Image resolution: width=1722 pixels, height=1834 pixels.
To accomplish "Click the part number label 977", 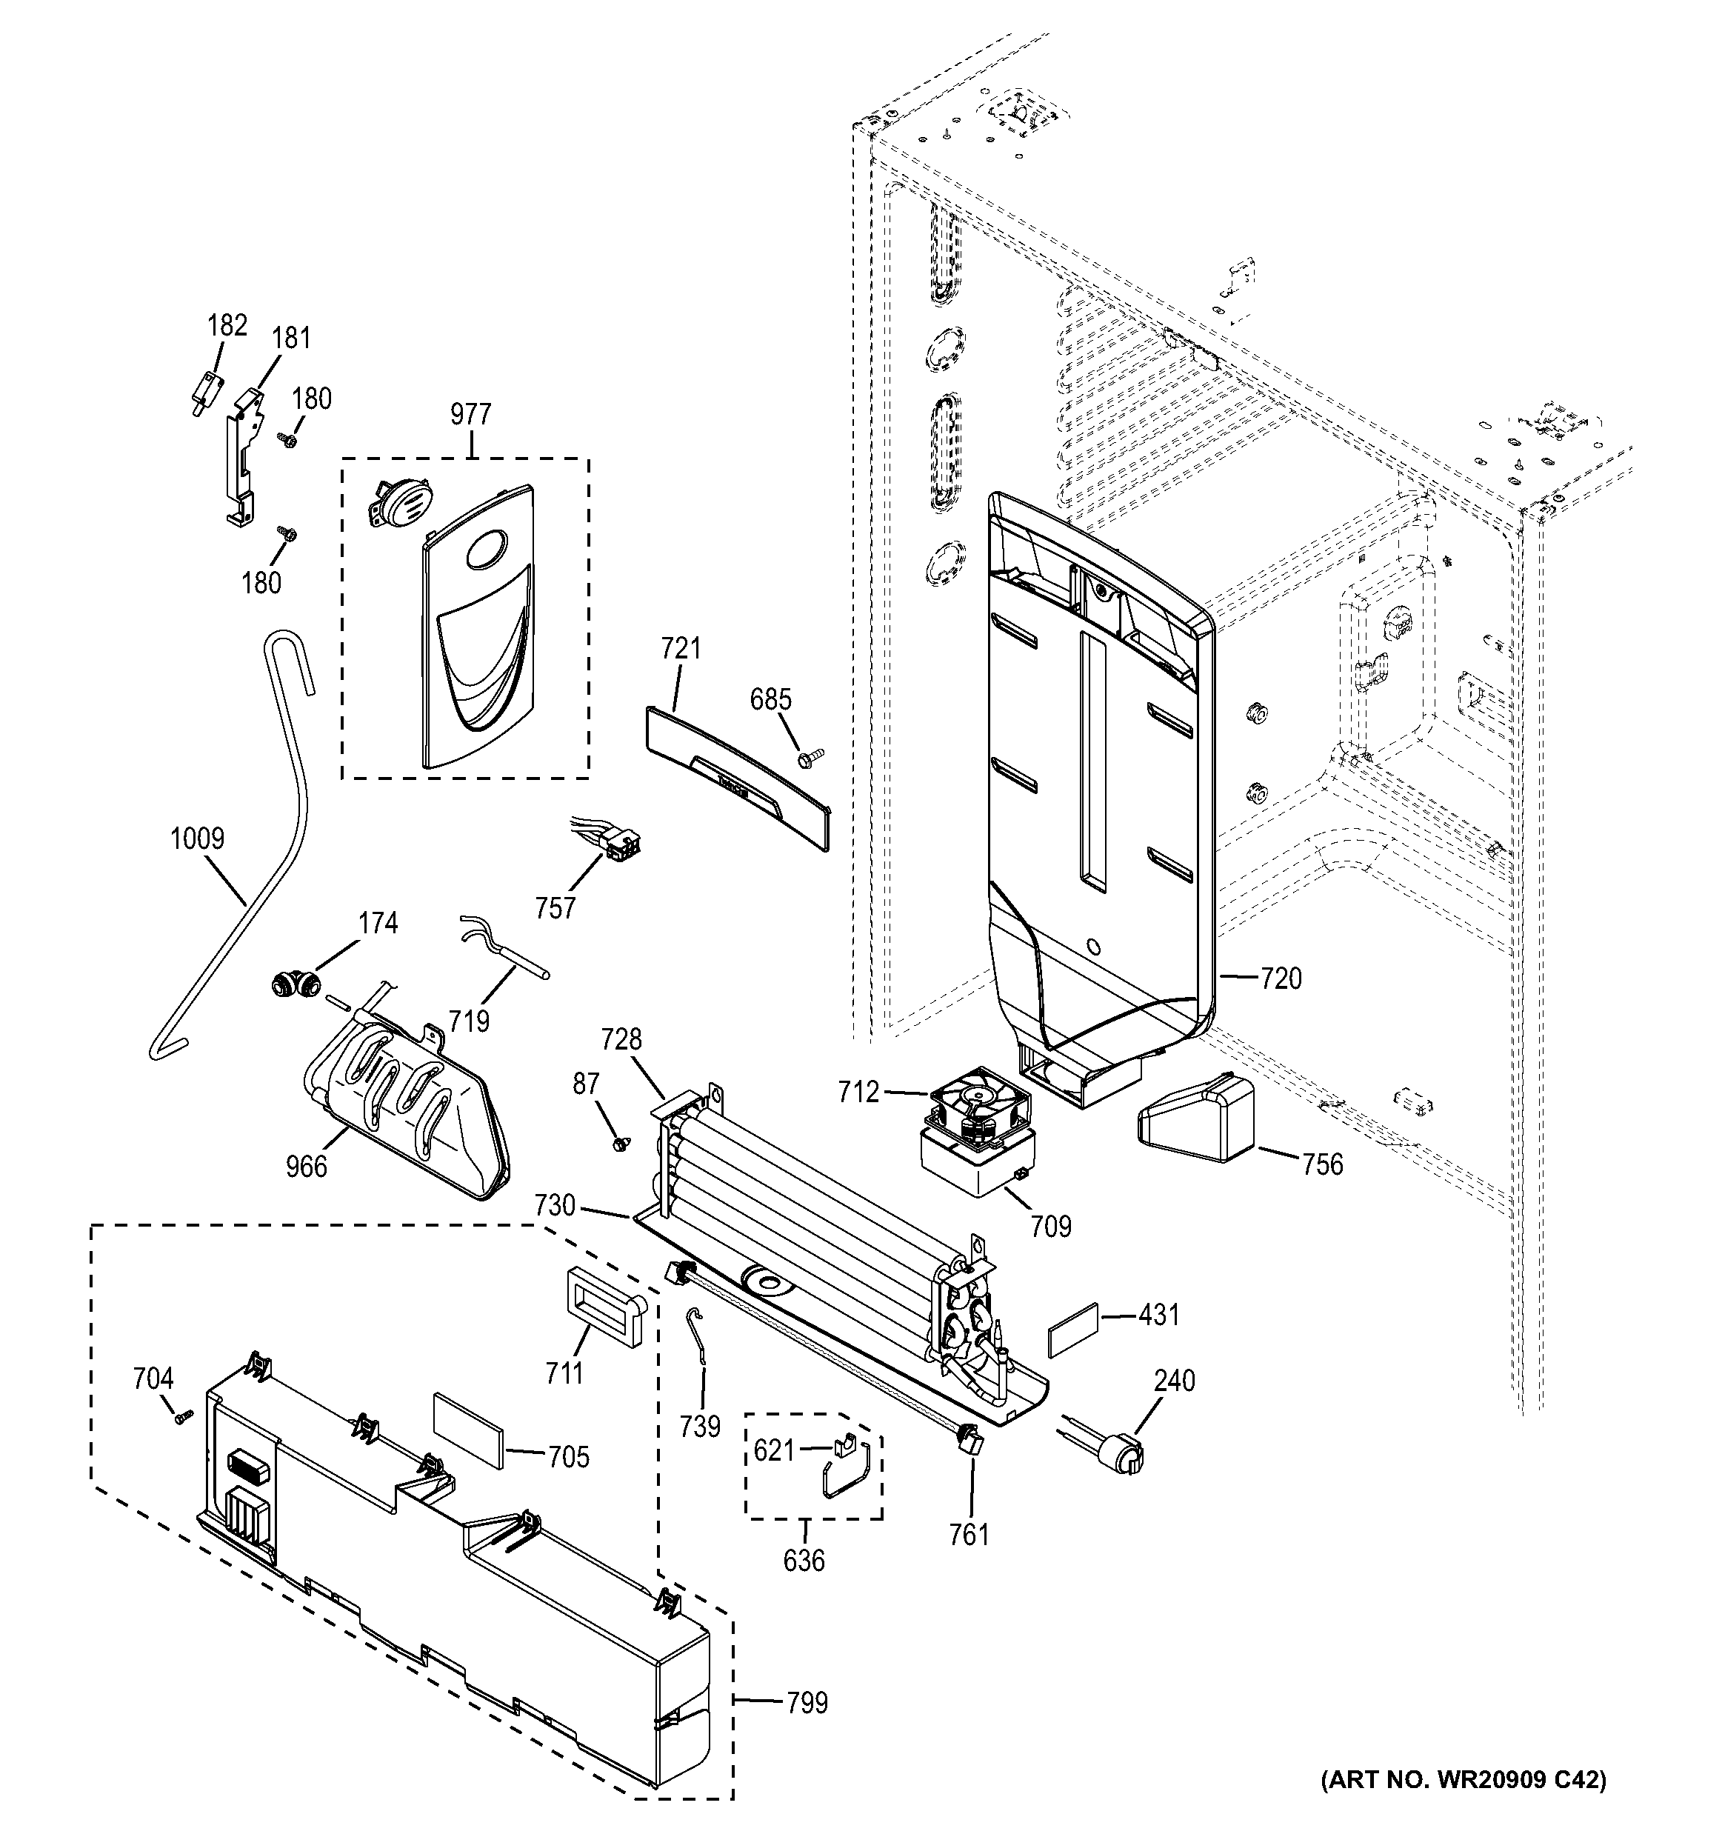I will pyautogui.click(x=470, y=415).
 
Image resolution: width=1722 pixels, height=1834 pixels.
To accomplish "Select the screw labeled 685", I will pyautogui.click(x=811, y=758).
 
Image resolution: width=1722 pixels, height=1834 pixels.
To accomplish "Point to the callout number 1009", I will pyautogui.click(x=197, y=838).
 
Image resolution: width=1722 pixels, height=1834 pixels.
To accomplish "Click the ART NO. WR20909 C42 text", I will pyautogui.click(x=1463, y=1805).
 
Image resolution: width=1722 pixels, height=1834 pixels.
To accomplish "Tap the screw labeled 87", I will pyautogui.click(x=621, y=1143).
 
